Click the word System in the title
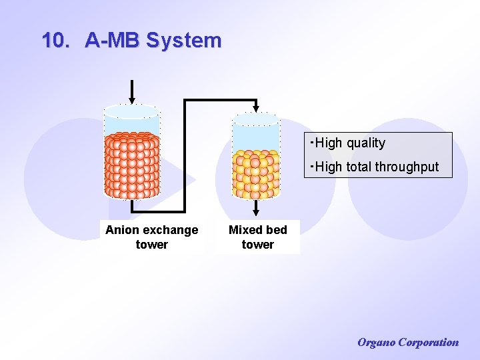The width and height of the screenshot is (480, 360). coord(183,40)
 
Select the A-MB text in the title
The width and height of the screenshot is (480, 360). coord(112,40)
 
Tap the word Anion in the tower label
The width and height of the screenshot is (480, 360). coord(122,230)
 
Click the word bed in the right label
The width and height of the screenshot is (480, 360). coord(276,230)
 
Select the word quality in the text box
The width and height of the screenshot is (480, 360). coord(365,143)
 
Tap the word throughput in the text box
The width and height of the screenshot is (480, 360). coord(406,167)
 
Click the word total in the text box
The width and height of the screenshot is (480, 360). coord(357,167)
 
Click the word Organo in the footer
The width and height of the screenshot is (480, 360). coord(376,343)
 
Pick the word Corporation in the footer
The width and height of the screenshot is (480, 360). coord(428,343)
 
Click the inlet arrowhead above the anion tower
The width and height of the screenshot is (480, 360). coord(132,101)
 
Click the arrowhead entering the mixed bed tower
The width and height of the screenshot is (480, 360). coord(255,108)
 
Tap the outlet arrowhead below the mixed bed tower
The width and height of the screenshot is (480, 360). coord(255,212)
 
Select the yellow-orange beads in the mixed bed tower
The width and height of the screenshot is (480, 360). coord(255,173)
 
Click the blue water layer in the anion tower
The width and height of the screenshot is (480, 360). coord(132,124)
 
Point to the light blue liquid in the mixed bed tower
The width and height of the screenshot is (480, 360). coord(255,137)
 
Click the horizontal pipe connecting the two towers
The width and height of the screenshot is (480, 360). coord(220,101)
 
